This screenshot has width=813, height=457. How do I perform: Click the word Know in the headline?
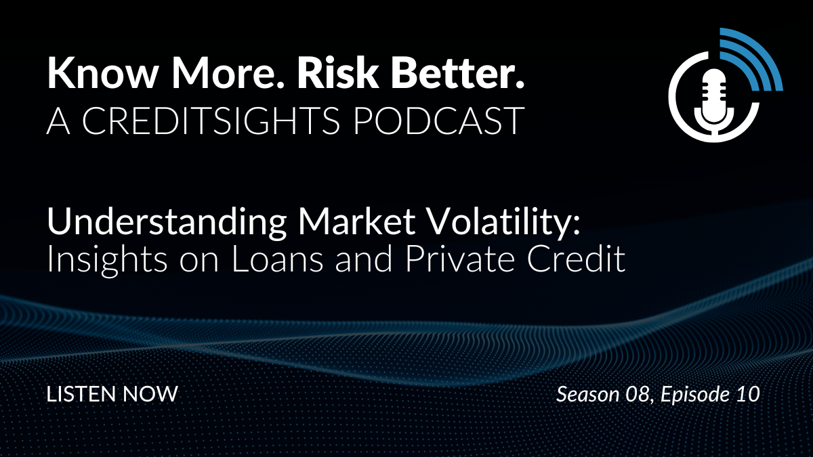click(102, 72)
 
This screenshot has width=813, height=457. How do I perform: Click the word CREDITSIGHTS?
click(211, 121)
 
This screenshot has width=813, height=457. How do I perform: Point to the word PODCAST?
click(438, 121)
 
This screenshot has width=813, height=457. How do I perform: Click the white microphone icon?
click(714, 101)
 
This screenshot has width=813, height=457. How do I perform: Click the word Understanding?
click(167, 223)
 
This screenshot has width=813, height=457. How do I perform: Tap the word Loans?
click(277, 260)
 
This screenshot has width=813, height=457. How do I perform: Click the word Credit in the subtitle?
click(576, 260)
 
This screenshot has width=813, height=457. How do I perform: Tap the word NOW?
click(150, 394)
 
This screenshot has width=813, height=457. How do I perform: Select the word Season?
click(588, 394)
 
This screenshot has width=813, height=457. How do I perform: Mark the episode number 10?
click(749, 394)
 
